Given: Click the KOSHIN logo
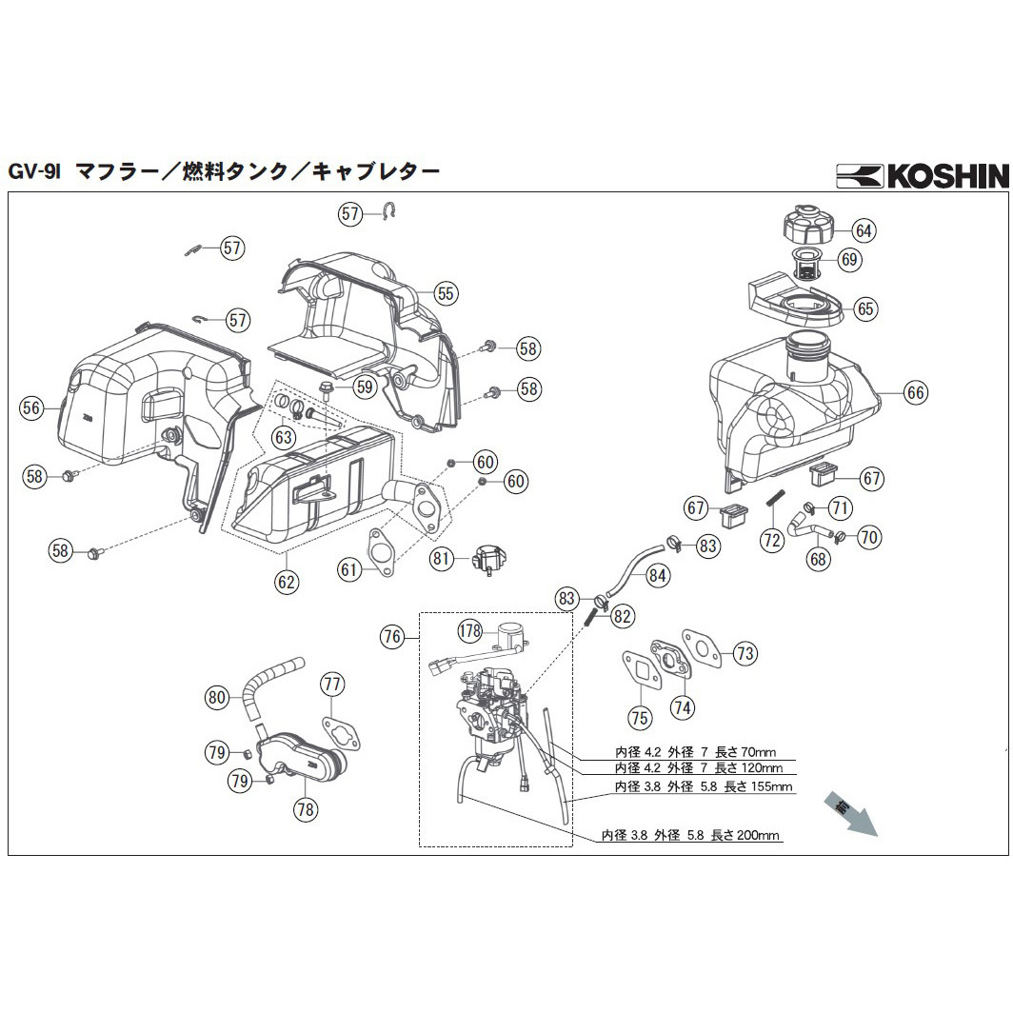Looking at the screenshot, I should click(921, 175).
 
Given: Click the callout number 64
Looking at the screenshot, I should click(864, 230).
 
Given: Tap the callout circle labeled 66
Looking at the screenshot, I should click(916, 392).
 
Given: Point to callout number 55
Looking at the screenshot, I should click(446, 293).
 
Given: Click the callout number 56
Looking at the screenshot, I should click(32, 407).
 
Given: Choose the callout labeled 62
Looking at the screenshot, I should click(287, 580).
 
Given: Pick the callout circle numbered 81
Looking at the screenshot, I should click(441, 560).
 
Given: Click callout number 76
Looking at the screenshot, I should click(392, 637).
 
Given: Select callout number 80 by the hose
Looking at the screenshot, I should click(217, 698).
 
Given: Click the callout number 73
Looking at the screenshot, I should click(745, 653).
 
